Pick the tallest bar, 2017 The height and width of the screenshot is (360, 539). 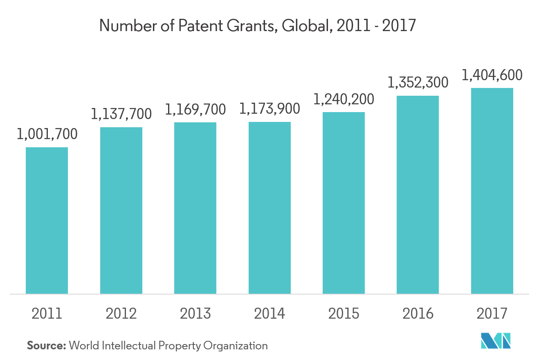coord(492,191)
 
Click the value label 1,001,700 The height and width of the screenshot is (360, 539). coord(47,135)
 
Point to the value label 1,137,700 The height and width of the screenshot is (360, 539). coord(121,114)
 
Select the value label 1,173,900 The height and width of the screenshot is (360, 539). coord(269,109)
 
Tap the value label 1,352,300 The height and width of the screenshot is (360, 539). coord(418,83)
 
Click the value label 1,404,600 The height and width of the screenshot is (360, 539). coord(492,75)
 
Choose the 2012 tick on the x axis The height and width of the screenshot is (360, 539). coord(121,314)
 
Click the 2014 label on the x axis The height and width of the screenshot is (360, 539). coord(269,314)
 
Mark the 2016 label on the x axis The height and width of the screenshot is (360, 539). coord(418,314)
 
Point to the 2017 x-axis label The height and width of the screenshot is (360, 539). coord(492,314)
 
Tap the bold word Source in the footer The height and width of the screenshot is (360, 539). coord(46,346)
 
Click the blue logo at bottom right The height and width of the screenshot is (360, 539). coord(496,341)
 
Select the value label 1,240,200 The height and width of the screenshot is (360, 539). coord(344,99)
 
